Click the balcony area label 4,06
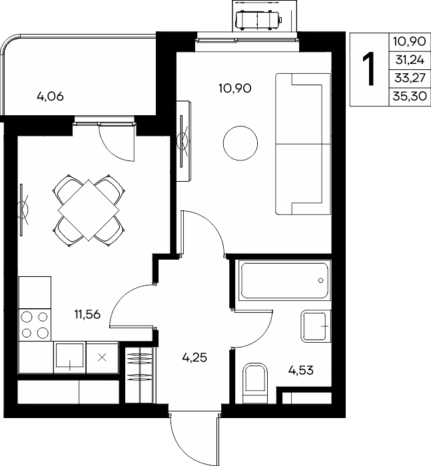(50, 97)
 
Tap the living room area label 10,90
(235, 89)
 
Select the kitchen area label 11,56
(87, 314)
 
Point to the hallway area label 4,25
(195, 357)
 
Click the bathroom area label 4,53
(301, 371)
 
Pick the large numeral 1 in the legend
(369, 69)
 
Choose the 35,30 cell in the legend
(410, 97)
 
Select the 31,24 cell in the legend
(410, 60)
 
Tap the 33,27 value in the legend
(410, 78)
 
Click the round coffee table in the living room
(240, 143)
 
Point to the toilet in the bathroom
(255, 383)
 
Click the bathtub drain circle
(320, 280)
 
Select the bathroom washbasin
(316, 326)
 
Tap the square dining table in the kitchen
(89, 210)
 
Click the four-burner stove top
(35, 325)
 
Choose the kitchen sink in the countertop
(69, 357)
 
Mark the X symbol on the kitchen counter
(102, 357)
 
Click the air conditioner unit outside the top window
(258, 20)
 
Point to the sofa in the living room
(303, 144)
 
